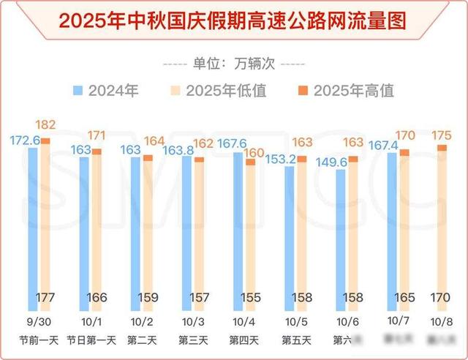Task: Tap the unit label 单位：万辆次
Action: click(234, 63)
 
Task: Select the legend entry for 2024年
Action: click(105, 91)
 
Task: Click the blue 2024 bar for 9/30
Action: click(34, 220)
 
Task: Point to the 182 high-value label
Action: click(45, 125)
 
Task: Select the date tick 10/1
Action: click(86, 322)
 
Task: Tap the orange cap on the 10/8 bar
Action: click(441, 148)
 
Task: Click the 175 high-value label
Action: click(441, 135)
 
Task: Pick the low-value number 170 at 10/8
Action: click(440, 298)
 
